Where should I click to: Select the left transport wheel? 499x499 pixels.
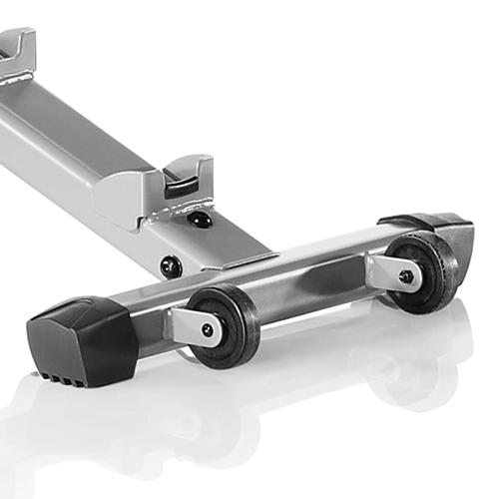(x=220, y=324)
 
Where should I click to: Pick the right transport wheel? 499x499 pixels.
(x=418, y=271)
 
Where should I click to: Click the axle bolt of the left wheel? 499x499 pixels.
(x=208, y=329)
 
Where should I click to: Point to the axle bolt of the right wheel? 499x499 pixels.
(x=405, y=276)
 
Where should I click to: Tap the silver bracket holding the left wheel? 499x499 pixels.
(x=184, y=325)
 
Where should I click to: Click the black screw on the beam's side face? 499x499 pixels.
(x=171, y=265)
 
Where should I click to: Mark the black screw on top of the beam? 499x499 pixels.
(x=203, y=219)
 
